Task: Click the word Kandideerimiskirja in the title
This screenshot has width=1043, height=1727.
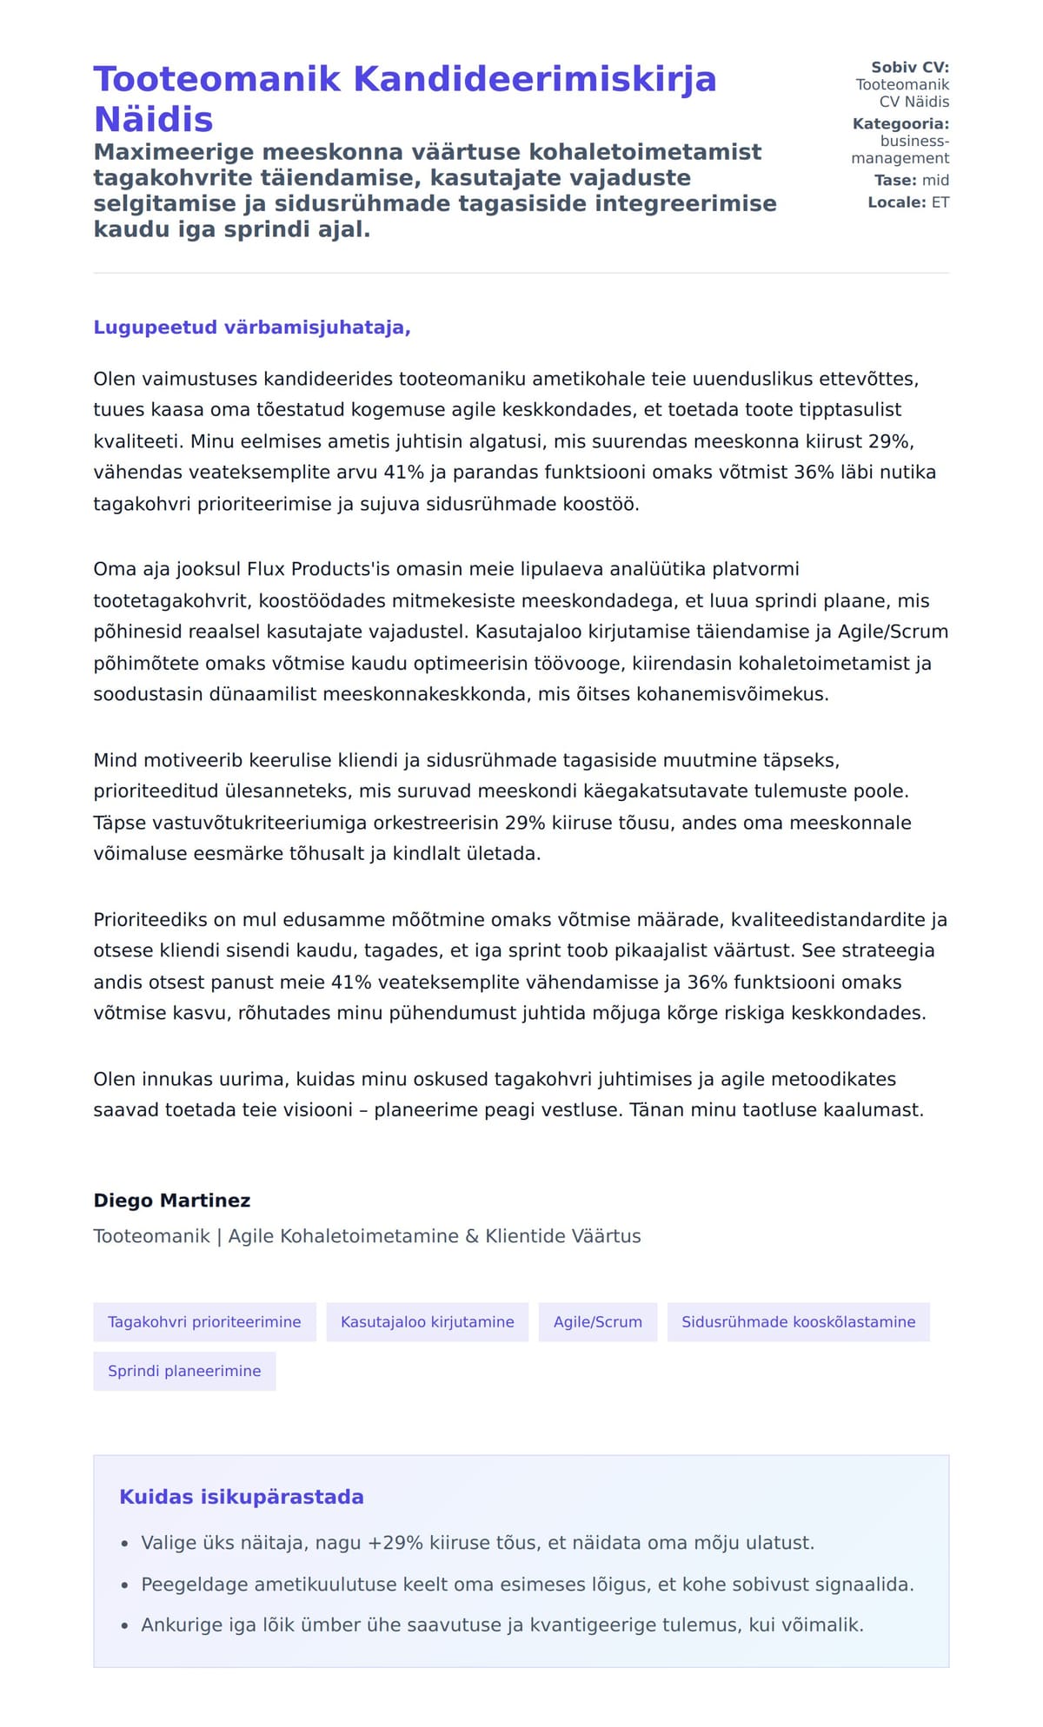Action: [x=535, y=79]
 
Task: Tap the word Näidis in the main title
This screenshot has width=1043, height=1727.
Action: [x=153, y=119]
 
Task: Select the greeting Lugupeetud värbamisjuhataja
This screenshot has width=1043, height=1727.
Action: [x=251, y=328]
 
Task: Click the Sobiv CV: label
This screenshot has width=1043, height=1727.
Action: [x=910, y=67]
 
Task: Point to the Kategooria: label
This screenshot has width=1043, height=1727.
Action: [x=900, y=123]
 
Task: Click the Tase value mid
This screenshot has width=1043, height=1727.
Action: [x=935, y=180]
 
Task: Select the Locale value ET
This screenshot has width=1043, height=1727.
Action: [x=940, y=202]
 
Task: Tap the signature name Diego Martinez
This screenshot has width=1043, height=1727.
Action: [x=172, y=1201]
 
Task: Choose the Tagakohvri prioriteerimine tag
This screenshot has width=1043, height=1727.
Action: [x=204, y=1322]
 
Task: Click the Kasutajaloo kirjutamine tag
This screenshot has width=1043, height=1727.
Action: [x=427, y=1322]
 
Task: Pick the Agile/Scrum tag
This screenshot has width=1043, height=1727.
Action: [x=598, y=1322]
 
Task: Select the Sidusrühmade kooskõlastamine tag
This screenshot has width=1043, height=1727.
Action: [x=798, y=1322]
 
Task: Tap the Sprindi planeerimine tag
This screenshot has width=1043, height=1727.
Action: [x=184, y=1371]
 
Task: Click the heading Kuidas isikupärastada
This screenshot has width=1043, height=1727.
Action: [x=242, y=1497]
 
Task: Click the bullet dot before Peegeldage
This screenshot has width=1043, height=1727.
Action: [x=125, y=1585]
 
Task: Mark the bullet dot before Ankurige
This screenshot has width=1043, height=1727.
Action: [x=125, y=1625]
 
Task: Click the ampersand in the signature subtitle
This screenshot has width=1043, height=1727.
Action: [x=472, y=1236]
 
